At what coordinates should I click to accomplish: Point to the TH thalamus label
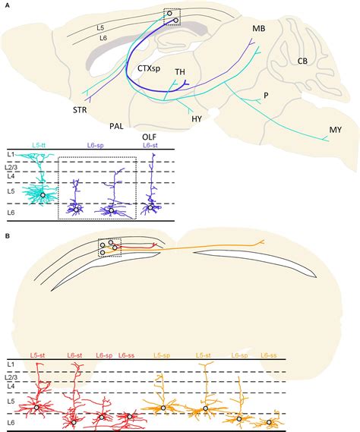click(x=180, y=72)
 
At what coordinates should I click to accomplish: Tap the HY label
click(x=197, y=119)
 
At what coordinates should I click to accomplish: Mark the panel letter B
click(x=7, y=236)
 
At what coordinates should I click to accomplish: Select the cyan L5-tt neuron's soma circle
click(x=43, y=195)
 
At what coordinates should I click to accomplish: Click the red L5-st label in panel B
click(x=38, y=355)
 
